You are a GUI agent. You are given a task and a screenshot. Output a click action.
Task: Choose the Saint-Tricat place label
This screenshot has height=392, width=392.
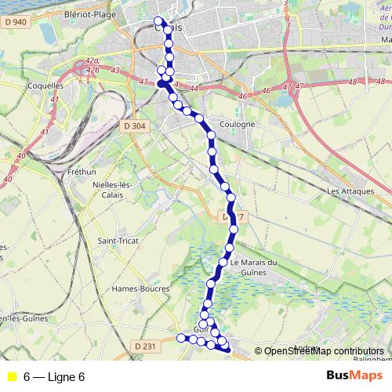(x=117, y=240)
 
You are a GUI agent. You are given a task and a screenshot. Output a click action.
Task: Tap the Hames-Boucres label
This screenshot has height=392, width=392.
(x=140, y=288)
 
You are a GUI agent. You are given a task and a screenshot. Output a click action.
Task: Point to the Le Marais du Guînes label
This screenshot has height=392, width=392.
(x=255, y=267)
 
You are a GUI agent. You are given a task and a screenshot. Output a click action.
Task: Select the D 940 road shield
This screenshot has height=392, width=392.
(x=16, y=21)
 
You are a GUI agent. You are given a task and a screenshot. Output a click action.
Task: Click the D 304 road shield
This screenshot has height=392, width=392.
(x=135, y=125)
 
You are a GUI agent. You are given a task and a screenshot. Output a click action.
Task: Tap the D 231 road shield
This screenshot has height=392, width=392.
(x=146, y=346)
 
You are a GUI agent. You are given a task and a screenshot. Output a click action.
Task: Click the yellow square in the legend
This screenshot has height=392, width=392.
(x=11, y=377)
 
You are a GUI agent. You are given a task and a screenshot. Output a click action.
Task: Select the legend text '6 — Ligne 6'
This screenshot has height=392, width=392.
(x=54, y=377)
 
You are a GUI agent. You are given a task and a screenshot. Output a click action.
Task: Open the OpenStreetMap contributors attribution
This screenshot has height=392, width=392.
(x=324, y=350)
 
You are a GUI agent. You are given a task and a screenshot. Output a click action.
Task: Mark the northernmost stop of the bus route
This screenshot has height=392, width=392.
(x=159, y=21)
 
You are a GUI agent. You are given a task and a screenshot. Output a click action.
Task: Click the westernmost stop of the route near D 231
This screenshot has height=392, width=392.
(x=181, y=338)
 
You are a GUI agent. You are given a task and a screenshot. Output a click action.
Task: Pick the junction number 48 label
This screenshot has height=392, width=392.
(x=352, y=82)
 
